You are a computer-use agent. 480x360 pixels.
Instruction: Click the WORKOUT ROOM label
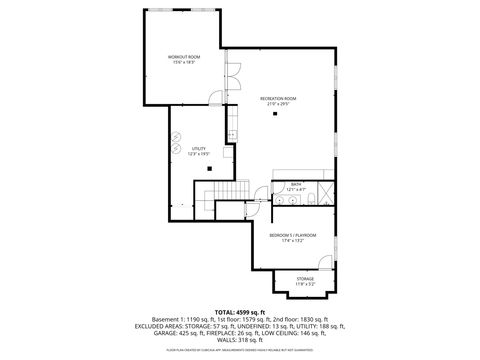(x=184, y=57)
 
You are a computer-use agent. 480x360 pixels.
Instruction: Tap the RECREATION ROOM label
(x=278, y=97)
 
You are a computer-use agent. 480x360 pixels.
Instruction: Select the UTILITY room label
(x=198, y=148)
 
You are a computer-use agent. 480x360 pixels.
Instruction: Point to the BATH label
(x=296, y=184)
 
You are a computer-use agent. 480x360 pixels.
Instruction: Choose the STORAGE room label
(x=304, y=279)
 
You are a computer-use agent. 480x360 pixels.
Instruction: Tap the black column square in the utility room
(x=209, y=168)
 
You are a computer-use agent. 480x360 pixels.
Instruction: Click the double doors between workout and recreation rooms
(x=231, y=76)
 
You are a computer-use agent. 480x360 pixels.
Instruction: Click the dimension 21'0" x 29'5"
(x=278, y=103)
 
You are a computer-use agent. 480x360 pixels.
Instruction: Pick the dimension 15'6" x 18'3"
(x=184, y=63)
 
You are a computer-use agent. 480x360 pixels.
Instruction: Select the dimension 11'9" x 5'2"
(x=304, y=285)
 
